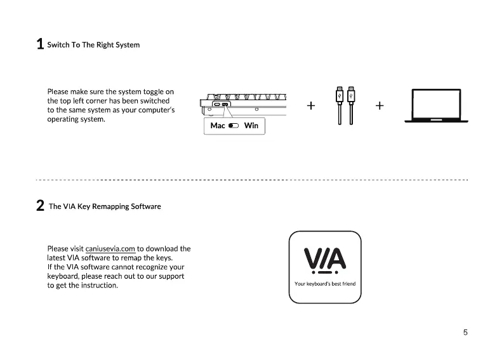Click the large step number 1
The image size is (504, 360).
tap(40, 44)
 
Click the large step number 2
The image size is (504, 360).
tap(40, 206)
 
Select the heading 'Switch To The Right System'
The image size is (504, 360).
tap(93, 45)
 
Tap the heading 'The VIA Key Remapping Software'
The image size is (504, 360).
tap(105, 206)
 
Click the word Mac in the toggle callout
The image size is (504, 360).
tap(218, 126)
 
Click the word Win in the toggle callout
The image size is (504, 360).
tap(251, 126)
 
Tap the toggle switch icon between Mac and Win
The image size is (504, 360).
tap(233, 126)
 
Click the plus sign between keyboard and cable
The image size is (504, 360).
tap(311, 105)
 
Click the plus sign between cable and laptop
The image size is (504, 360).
tap(379, 105)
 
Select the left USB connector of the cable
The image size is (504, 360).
tap(340, 94)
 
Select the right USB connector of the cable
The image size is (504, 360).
tap(350, 94)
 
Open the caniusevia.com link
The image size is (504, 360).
tap(110, 249)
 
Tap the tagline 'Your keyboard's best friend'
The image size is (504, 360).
tap(325, 284)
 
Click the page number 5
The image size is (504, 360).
tap(465, 332)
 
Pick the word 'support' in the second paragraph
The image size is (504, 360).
tap(169, 276)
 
